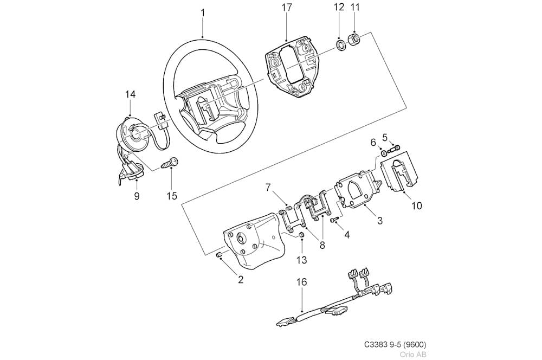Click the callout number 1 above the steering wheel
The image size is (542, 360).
203,13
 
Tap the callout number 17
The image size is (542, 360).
287,8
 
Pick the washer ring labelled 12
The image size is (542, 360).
341,46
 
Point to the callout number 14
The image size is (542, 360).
130,94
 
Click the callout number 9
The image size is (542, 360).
137,196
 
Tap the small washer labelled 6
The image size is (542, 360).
384,153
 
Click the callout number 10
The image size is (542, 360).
417,206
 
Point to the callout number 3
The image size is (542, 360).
380,220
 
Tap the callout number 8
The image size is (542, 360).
322,245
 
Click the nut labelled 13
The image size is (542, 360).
301,235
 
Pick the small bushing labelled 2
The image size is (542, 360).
218,255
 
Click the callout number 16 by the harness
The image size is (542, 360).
302,282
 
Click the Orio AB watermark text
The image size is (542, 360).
413,354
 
